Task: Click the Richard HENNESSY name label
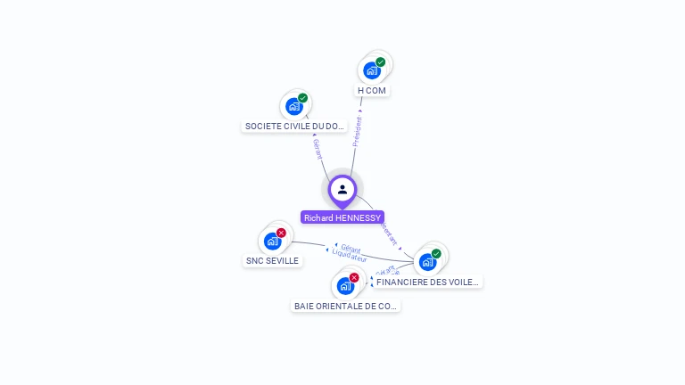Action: pos(342,217)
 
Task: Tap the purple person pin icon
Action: pos(342,189)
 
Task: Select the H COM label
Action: pos(373,90)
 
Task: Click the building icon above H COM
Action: pos(371,70)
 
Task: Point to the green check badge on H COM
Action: pos(381,62)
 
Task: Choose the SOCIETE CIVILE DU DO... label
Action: pos(295,127)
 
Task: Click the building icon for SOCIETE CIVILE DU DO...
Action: pos(293,107)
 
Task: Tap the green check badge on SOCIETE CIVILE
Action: pos(303,98)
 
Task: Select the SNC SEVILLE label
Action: pos(272,261)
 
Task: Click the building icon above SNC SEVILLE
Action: pos(271,241)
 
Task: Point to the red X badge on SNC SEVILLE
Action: pos(281,233)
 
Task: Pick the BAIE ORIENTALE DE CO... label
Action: pos(345,306)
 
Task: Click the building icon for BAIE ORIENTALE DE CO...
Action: pos(344,286)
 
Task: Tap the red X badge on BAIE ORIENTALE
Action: pos(354,278)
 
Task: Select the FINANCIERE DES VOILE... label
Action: pos(427,282)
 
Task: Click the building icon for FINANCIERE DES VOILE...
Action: pos(427,262)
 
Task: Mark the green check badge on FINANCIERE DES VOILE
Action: pos(436,254)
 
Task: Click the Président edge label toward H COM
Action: pos(358,130)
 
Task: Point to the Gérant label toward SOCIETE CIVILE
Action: pos(317,149)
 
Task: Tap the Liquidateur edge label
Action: pos(349,257)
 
